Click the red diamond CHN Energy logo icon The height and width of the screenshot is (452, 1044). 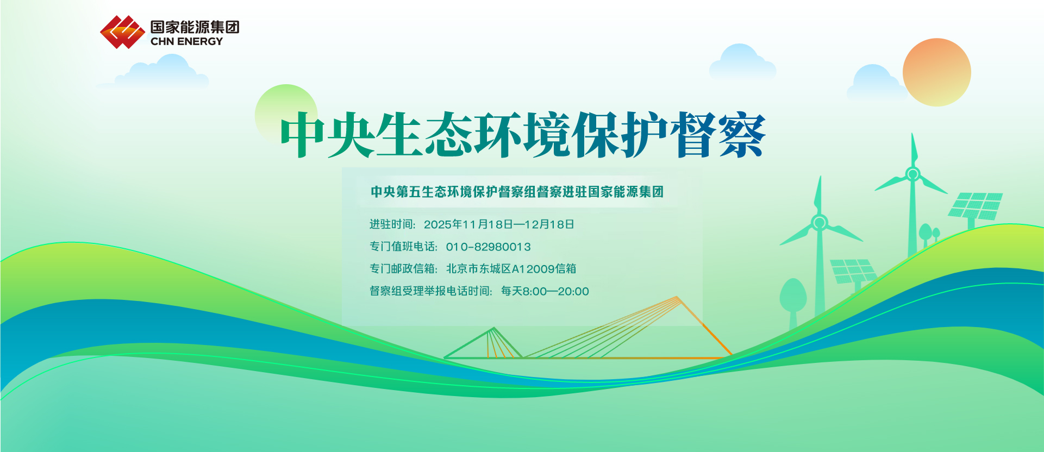click(122, 32)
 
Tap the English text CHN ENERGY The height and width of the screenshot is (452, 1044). click(186, 42)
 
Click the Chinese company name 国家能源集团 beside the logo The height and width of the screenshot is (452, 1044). click(195, 27)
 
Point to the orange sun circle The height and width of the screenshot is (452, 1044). click(936, 72)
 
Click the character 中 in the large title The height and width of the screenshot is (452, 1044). click(302, 135)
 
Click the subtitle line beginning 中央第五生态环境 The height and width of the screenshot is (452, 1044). click(517, 192)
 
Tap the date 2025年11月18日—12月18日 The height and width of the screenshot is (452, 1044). click(498, 224)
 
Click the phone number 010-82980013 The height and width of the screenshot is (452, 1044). click(488, 247)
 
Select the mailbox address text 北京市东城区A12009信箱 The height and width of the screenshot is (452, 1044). click(511, 269)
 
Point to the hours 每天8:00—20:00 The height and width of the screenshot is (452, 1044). click(545, 291)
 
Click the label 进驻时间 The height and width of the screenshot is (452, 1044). click(391, 224)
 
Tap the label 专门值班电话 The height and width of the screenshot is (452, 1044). click(402, 247)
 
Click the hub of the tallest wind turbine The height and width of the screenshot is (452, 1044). click(912, 174)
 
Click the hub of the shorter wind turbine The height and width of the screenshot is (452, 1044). click(820, 223)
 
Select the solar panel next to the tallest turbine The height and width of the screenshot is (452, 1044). click(976, 206)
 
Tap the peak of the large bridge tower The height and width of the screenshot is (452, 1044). click(677, 297)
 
